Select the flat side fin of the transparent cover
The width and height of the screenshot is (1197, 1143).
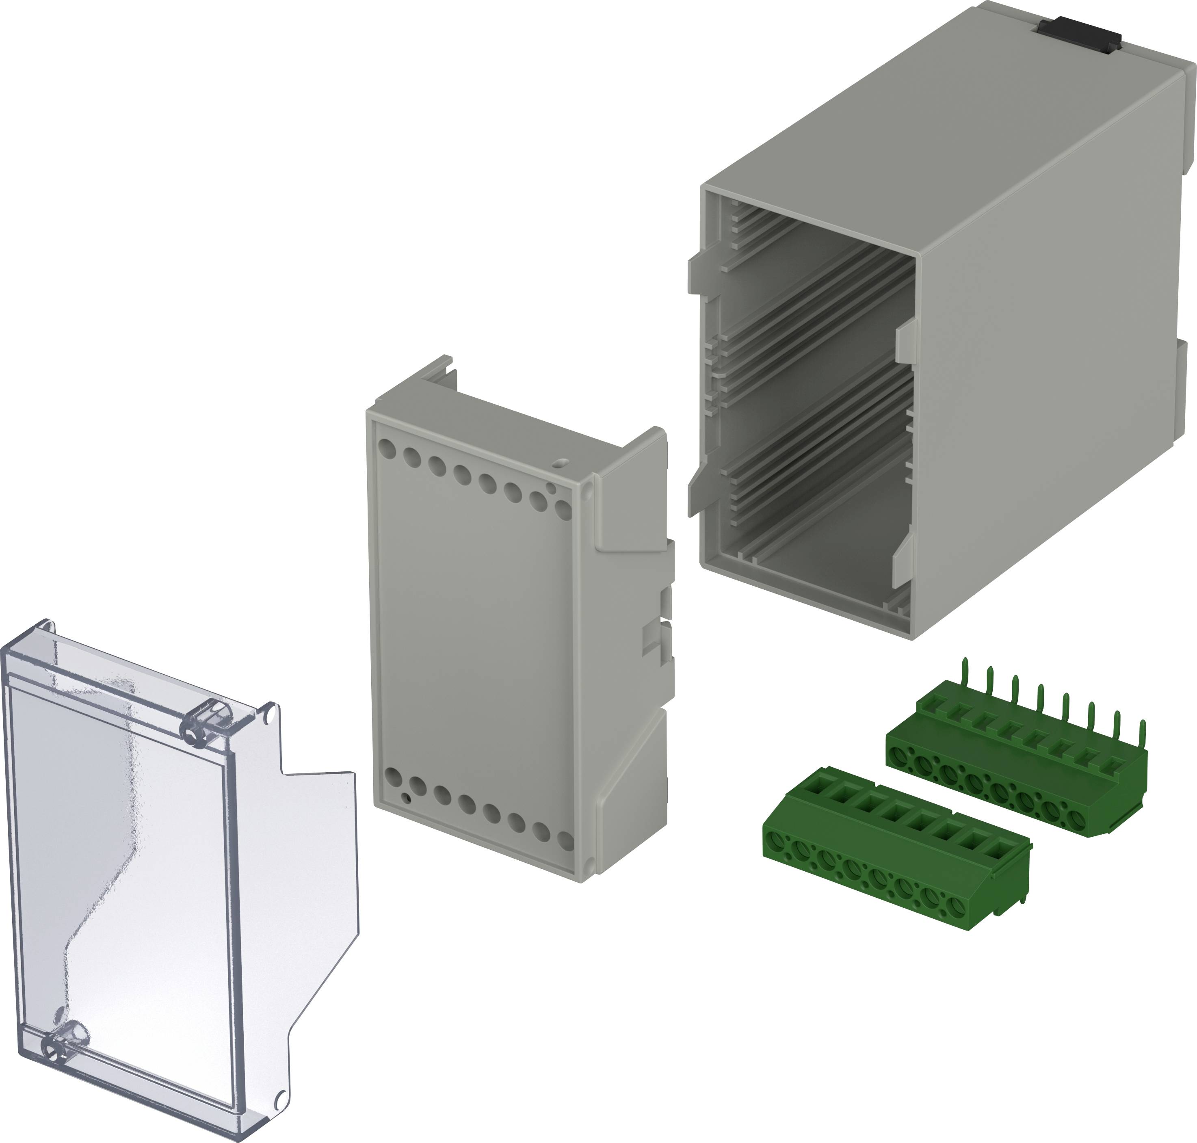click(x=317, y=847)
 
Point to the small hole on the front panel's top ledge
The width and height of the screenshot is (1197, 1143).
click(x=562, y=464)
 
